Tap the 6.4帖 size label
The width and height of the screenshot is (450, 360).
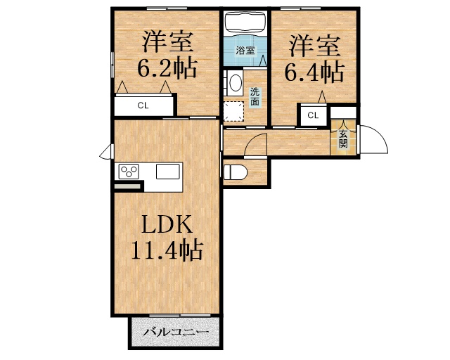(314, 72)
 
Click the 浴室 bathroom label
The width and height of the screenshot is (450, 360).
(245, 51)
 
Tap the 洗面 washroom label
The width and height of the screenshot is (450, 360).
(255, 96)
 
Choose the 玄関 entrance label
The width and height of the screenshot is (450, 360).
(343, 139)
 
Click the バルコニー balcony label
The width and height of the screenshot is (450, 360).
(175, 333)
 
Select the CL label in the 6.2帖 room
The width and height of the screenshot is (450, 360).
(143, 106)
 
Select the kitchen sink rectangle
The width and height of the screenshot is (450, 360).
(169, 172)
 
